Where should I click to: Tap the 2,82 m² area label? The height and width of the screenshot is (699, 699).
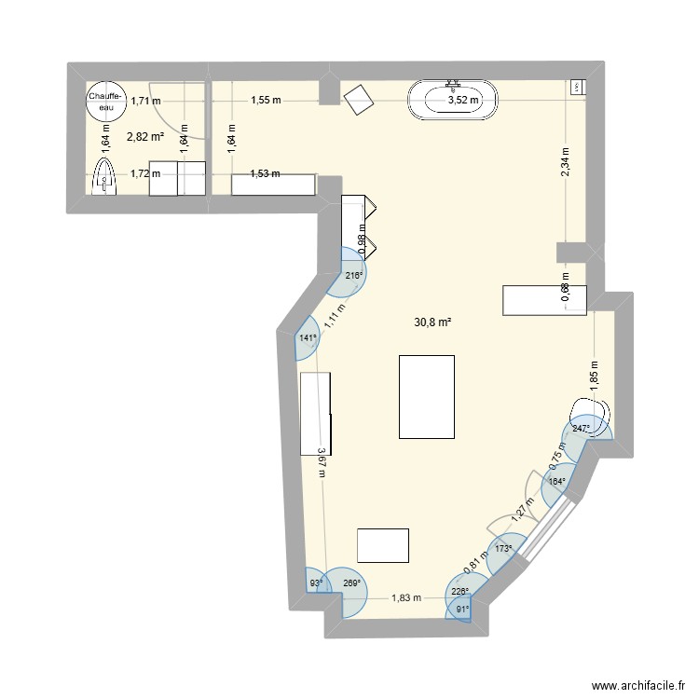tap(145, 136)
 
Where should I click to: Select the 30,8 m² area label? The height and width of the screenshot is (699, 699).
tap(432, 322)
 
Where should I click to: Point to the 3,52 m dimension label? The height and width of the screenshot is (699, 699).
tap(463, 100)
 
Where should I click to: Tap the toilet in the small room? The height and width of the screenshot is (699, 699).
tap(104, 175)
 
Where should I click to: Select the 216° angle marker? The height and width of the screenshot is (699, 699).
tap(353, 276)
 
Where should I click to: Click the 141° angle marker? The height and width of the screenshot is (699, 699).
tap(308, 339)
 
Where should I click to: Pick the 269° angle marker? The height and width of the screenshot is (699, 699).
tap(351, 584)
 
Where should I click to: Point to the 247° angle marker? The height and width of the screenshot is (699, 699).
tap(582, 430)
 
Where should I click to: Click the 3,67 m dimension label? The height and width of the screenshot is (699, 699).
tap(321, 461)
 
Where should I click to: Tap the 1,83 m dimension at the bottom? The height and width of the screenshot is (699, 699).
tap(405, 598)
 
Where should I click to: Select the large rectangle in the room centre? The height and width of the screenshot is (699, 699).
tap(426, 396)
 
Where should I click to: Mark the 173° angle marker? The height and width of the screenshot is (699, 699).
tap(503, 549)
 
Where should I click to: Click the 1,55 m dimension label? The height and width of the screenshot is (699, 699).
tap(266, 100)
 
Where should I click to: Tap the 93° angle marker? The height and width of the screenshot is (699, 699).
tap(316, 584)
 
